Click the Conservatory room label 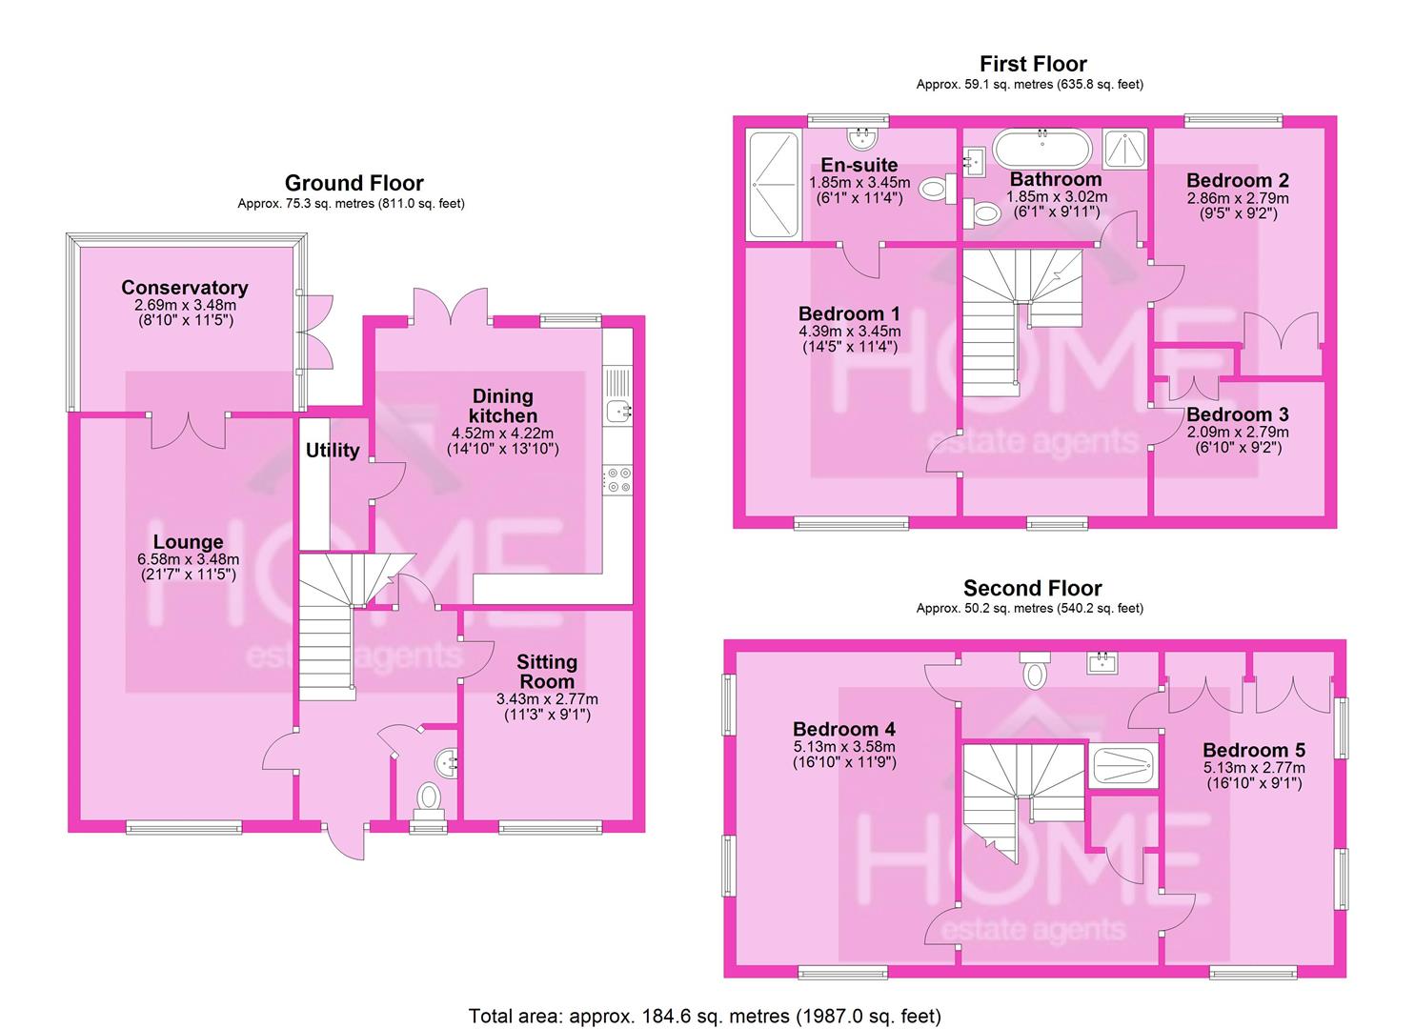click(x=184, y=288)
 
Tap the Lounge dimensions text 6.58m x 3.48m click(x=188, y=559)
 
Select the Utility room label click(x=333, y=451)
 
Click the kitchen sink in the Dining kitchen click(x=618, y=412)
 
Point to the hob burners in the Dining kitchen click(x=618, y=478)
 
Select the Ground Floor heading click(x=354, y=183)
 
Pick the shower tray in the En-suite click(x=772, y=184)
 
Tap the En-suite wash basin click(x=865, y=138)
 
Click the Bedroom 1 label click(x=849, y=313)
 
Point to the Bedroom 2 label click(x=1238, y=181)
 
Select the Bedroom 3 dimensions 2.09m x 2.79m click(x=1238, y=432)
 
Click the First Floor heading click(x=1033, y=64)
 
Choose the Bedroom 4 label click(x=843, y=730)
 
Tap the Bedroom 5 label click(x=1253, y=751)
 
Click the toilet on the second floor click(x=1034, y=673)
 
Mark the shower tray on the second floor click(x=1122, y=764)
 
